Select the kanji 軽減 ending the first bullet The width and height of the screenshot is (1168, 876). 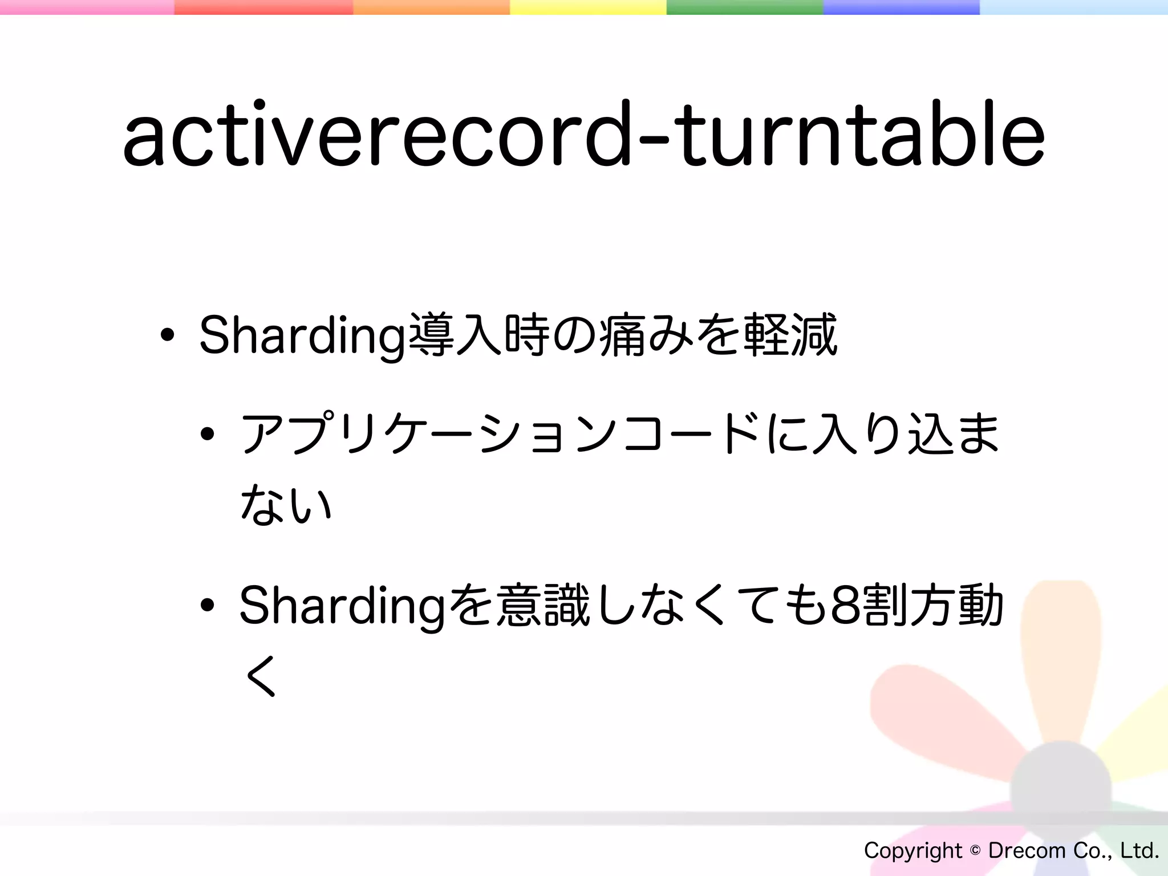[790, 335]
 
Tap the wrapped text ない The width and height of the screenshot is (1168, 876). [286, 505]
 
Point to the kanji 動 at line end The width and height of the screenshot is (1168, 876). [980, 606]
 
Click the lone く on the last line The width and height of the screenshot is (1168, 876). [261, 676]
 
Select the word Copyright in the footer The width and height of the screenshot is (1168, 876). [913, 850]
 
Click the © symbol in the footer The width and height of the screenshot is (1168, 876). [975, 850]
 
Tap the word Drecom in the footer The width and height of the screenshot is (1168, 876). [1027, 850]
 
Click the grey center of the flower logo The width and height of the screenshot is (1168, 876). [1061, 790]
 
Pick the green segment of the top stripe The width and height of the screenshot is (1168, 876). [744, 7]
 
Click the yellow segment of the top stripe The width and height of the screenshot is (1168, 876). [587, 7]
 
